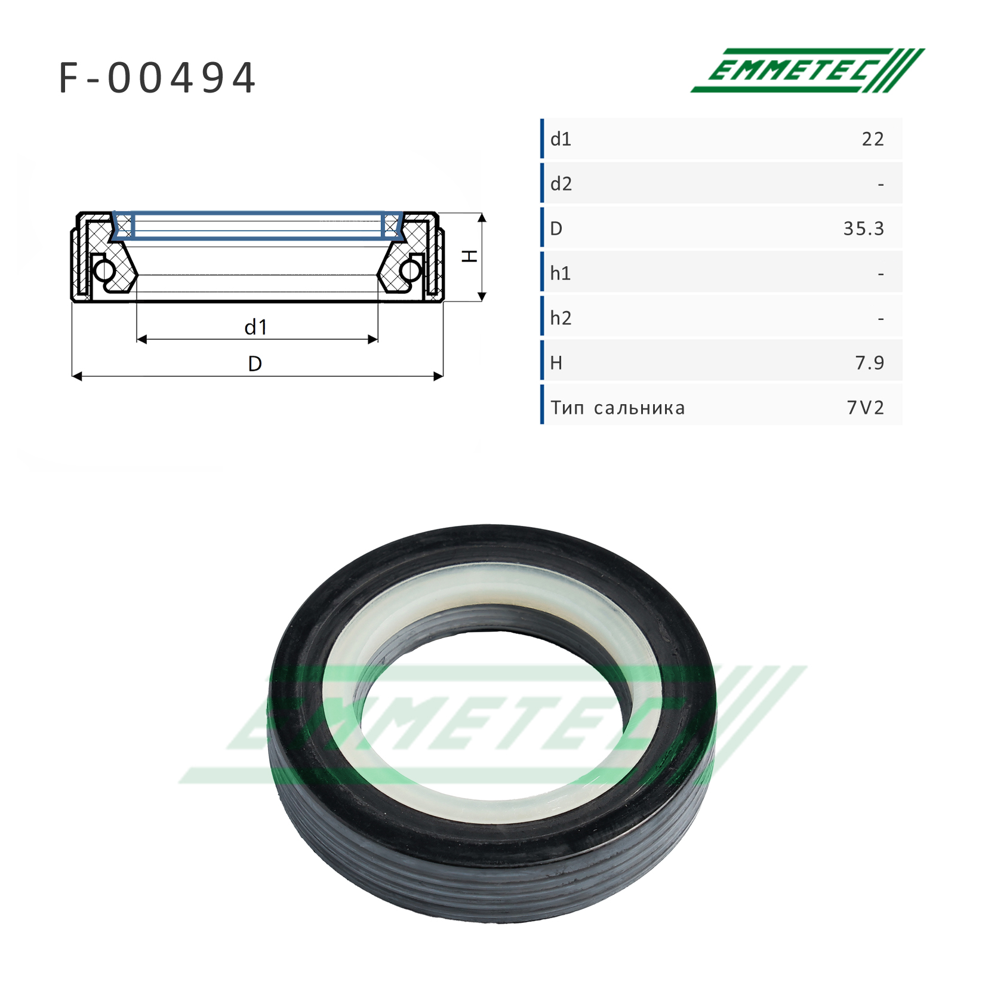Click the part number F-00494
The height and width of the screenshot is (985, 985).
coord(158,78)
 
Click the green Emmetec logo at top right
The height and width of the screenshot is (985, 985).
coord(807,70)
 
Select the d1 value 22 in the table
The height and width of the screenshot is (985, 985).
coord(872,139)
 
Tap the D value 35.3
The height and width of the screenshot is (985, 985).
coord(863,229)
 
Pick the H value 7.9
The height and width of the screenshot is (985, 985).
coord(869,363)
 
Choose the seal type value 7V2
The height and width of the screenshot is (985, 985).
coord(865,408)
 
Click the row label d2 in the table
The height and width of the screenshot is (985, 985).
coord(561,184)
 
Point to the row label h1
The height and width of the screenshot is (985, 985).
coord(561,273)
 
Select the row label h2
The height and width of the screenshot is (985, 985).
coord(561,318)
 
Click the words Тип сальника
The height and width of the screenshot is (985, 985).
coord(618,408)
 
